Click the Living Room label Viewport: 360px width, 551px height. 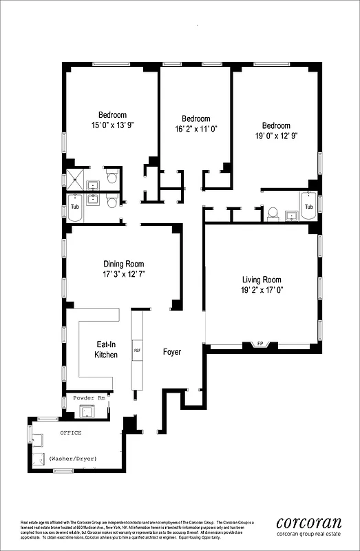(x=262, y=280)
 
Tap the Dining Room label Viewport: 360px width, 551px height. (x=124, y=264)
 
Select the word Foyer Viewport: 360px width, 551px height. (x=171, y=352)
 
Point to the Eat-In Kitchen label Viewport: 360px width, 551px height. (x=106, y=349)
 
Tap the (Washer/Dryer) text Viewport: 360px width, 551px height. (x=72, y=458)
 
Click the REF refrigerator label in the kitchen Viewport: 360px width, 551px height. (x=137, y=351)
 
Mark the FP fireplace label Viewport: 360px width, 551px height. (x=260, y=343)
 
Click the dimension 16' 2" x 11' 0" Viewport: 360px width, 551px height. (x=195, y=129)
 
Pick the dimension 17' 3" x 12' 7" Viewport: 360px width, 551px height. (x=124, y=274)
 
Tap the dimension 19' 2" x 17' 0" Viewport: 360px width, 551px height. (x=262, y=291)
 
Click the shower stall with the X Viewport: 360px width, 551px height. (x=73, y=180)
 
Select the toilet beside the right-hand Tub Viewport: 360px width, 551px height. (x=272, y=213)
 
